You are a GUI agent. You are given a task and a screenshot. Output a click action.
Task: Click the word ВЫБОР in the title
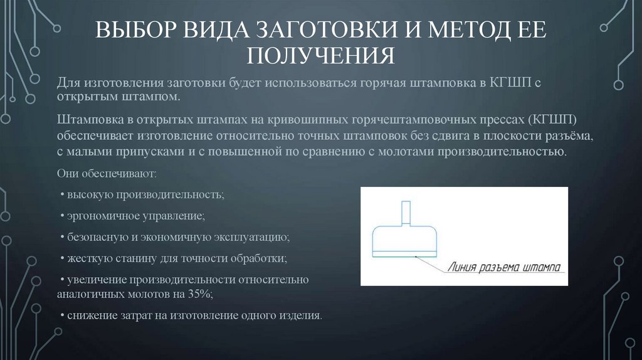point(134,31)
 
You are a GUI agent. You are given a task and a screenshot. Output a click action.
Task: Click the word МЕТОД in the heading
point(461,31)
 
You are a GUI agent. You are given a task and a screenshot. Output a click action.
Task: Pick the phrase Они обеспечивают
point(107,173)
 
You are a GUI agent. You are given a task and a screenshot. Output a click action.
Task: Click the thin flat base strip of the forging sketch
point(405,254)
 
